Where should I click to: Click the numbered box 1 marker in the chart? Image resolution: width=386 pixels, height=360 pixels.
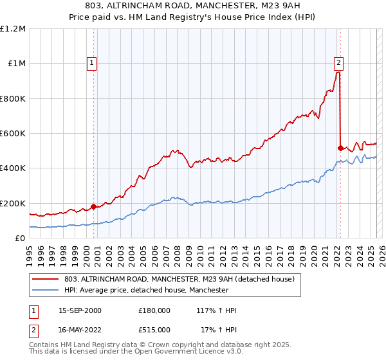[x=93, y=63]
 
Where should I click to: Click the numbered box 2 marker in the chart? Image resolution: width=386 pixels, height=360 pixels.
[x=338, y=63]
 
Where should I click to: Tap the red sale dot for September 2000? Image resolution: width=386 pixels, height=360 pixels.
[x=93, y=206]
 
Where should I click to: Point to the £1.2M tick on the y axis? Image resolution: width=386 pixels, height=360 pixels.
[x=13, y=29]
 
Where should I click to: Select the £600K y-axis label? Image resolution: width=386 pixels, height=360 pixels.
[x=13, y=134]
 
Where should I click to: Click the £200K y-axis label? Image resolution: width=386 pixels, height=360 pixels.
[x=13, y=203]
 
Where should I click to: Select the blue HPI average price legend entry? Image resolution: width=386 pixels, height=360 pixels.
[x=146, y=291]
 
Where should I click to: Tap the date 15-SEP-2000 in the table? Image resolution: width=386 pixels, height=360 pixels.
[x=80, y=310]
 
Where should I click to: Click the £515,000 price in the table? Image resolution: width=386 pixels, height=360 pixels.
[x=154, y=330]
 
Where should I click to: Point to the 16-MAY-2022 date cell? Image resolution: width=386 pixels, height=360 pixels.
[x=80, y=330]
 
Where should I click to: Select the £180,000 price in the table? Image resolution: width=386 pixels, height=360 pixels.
[x=154, y=310]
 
